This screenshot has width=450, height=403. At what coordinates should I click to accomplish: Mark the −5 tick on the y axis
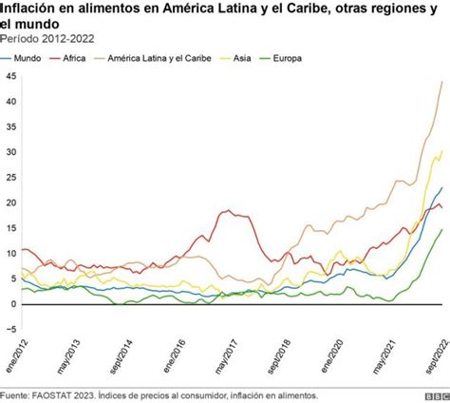(10, 330)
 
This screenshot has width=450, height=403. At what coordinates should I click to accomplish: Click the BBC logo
(436, 395)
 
